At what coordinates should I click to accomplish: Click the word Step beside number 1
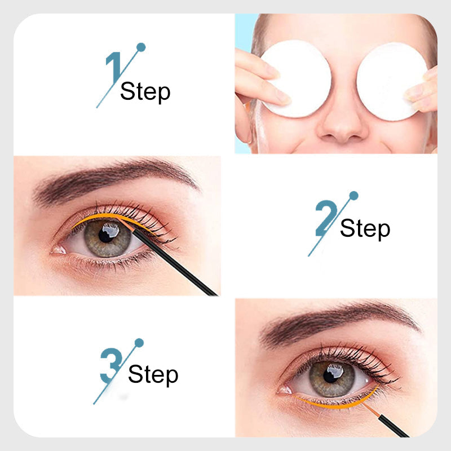(145, 91)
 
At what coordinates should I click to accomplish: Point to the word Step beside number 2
(365, 229)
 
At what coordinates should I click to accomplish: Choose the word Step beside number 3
(153, 374)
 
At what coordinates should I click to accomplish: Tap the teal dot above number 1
(141, 47)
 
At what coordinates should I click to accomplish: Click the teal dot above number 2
(353, 196)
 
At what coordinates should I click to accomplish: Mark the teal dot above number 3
(139, 343)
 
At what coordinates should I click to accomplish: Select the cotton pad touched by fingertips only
(391, 81)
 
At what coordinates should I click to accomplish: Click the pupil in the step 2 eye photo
(105, 235)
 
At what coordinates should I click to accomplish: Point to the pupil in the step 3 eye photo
(330, 375)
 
